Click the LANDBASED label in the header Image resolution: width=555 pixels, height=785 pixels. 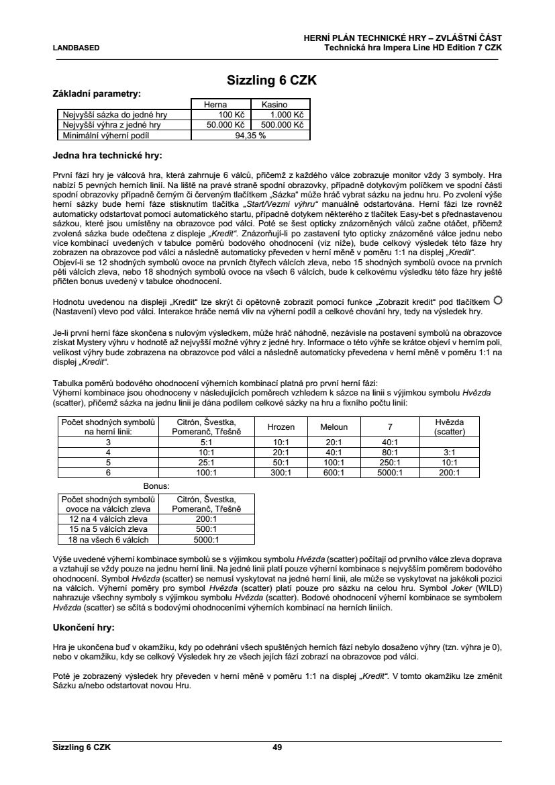pyautogui.click(x=76, y=48)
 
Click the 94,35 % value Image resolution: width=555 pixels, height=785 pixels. pyautogui.click(x=250, y=135)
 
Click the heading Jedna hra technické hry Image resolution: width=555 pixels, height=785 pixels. pyautogui.click(x=107, y=156)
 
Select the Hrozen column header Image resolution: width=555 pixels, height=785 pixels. pyautogui.click(x=281, y=426)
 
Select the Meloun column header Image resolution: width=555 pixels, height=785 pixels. pyautogui.click(x=334, y=426)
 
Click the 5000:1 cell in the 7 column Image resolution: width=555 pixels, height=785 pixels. pyautogui.click(x=390, y=472)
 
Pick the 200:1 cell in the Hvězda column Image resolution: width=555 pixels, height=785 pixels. pyautogui.click(x=450, y=472)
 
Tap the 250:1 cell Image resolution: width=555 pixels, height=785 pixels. pyautogui.click(x=390, y=462)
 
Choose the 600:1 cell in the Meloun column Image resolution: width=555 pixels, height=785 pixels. pyautogui.click(x=334, y=472)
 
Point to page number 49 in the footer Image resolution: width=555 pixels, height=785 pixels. pyautogui.click(x=277, y=747)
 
